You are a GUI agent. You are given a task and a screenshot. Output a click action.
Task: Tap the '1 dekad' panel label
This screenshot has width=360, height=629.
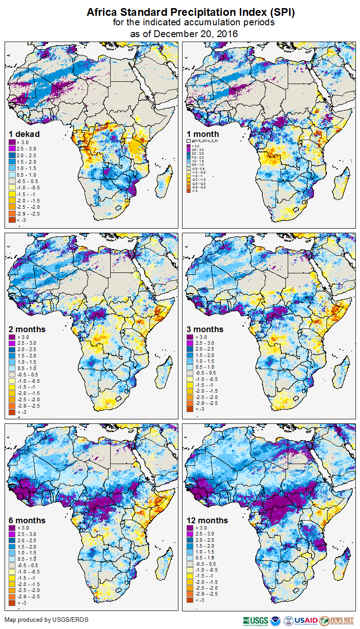[x=24, y=134]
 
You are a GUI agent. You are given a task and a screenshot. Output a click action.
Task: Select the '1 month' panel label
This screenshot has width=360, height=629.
[x=203, y=134]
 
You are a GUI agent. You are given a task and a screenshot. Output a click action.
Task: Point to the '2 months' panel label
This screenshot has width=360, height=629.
[x=27, y=329]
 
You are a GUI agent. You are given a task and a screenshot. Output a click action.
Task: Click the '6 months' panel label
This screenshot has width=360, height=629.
[x=27, y=520]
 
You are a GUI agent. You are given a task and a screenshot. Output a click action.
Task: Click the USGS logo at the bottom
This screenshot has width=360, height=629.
[x=255, y=620]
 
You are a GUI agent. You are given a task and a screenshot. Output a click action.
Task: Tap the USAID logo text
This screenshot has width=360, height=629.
[x=305, y=620]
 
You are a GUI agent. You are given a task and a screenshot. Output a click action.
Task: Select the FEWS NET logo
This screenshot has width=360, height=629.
[x=337, y=620]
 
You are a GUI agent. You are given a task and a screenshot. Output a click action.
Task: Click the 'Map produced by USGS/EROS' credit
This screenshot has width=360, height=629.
[x=47, y=620]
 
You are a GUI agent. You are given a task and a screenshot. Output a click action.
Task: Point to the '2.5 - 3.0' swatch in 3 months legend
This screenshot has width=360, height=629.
[x=191, y=343]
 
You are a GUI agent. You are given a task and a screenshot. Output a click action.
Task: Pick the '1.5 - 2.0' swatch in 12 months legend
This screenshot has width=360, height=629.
[x=191, y=546]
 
